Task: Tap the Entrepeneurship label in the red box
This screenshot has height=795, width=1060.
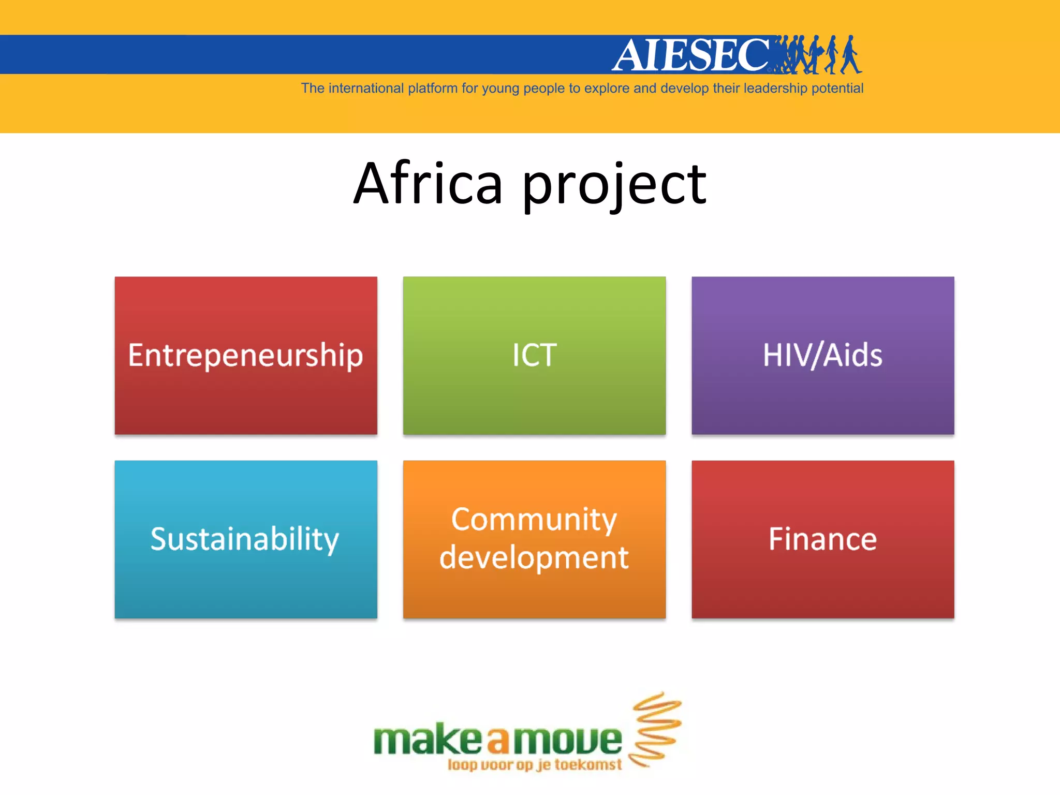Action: [x=245, y=356]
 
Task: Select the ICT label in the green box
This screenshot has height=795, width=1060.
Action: [x=534, y=356]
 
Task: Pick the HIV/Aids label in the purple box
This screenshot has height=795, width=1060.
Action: [x=822, y=356]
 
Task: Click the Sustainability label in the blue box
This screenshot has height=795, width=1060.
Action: [x=245, y=539]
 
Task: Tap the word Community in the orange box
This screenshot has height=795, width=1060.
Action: [x=534, y=520]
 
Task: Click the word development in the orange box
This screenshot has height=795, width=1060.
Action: [x=534, y=558]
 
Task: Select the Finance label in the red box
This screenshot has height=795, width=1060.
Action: [x=822, y=539]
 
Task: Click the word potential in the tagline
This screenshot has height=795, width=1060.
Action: [x=837, y=89]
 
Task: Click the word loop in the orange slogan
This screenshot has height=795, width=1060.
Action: [x=462, y=765]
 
